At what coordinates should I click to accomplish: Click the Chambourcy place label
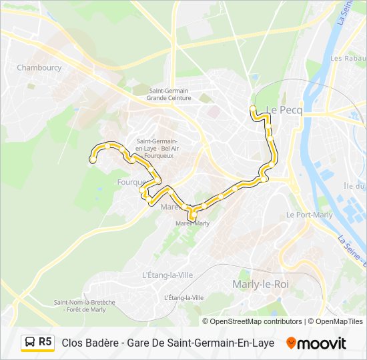tap(39, 67)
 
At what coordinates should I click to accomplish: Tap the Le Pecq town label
tap(284, 111)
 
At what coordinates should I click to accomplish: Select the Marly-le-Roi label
tap(260, 284)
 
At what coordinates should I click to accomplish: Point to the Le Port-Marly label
tap(309, 215)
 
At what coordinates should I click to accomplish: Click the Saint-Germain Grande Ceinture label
tap(169, 95)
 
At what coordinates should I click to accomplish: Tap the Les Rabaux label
tap(345, 59)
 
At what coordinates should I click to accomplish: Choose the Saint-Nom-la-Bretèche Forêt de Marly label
tap(85, 306)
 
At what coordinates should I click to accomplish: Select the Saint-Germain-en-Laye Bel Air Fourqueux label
tap(156, 148)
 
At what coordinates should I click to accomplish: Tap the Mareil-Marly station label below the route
tap(192, 223)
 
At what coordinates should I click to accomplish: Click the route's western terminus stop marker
tap(93, 159)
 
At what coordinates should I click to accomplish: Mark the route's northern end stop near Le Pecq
tap(252, 108)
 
